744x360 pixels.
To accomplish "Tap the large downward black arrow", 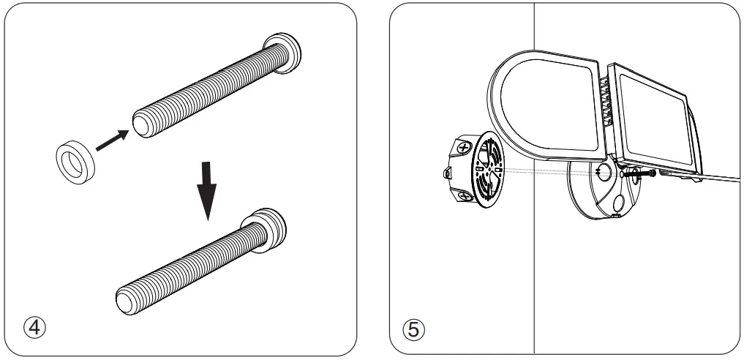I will pyautogui.click(x=207, y=191).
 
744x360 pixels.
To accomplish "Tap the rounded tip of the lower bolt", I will pyautogui.click(x=127, y=300).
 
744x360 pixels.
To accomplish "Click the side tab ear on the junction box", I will pyautogui.click(x=447, y=174).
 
